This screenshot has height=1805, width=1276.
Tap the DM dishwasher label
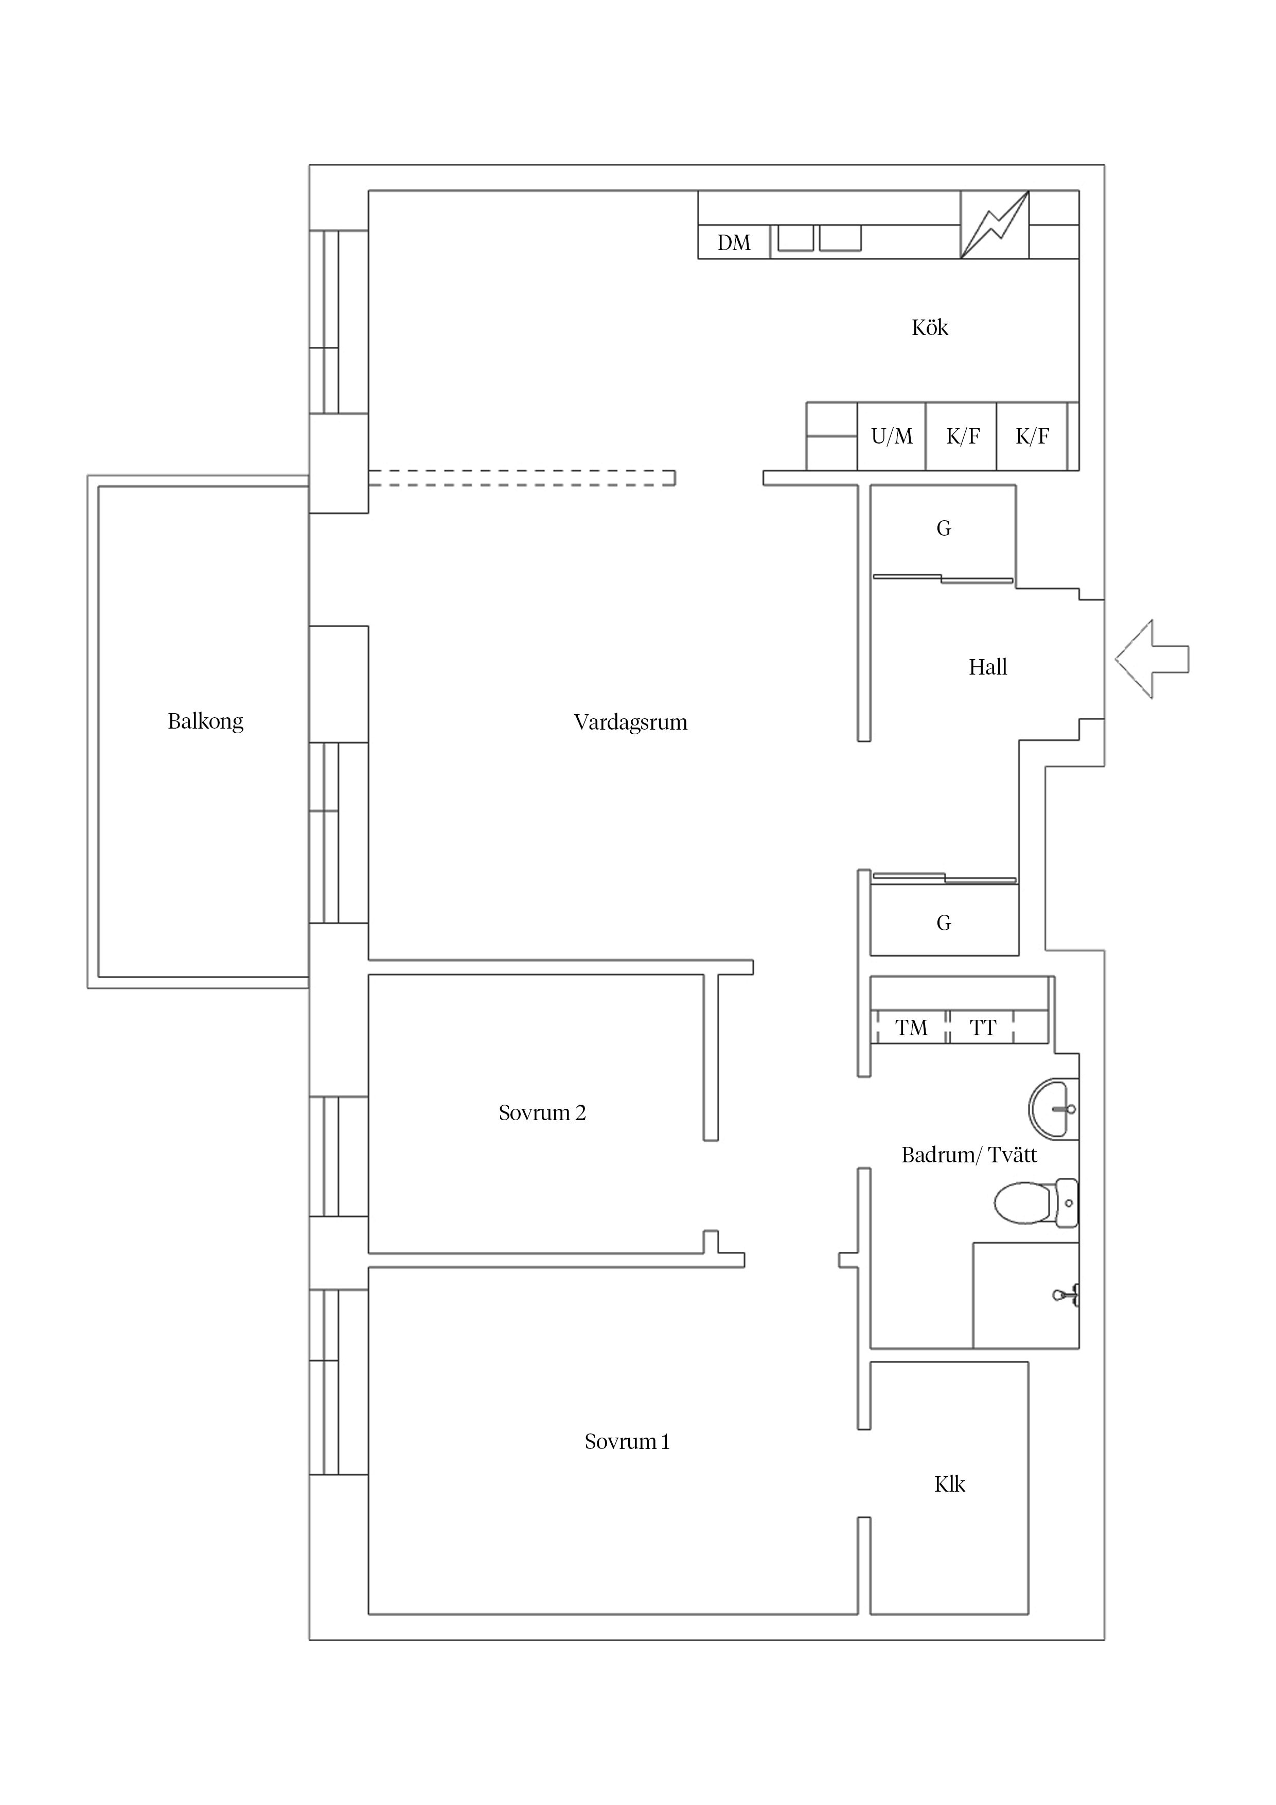734,243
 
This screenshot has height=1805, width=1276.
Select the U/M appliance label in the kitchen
892,436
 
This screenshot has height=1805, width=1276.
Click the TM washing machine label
911,1028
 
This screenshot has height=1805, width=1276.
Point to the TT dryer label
983,1028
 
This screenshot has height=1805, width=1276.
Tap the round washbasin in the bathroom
1054,1108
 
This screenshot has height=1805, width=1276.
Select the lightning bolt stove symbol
995,225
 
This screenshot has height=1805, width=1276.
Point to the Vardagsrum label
630,722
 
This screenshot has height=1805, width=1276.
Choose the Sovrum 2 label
542,1112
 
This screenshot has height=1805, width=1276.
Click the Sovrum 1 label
627,1442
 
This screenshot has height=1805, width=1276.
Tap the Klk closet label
950,1484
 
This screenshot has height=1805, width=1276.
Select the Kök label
930,327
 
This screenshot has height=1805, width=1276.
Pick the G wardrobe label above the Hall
944,528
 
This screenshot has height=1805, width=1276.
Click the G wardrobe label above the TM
944,923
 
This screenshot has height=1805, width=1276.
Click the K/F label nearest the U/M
963,436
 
